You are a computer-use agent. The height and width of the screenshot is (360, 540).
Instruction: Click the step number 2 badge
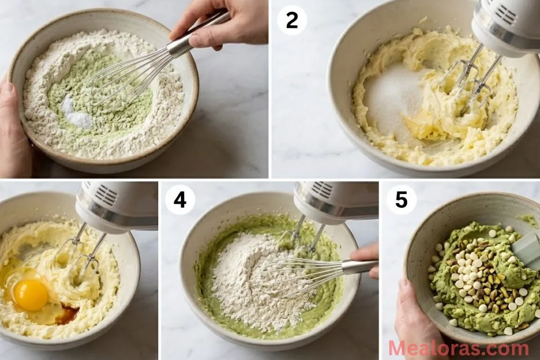tap(292, 21)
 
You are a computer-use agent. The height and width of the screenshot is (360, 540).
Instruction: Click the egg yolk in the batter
tap(31, 294)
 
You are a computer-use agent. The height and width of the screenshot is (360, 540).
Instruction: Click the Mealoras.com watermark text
tap(458, 348)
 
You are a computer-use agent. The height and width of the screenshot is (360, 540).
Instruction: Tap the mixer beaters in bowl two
tap(469, 79)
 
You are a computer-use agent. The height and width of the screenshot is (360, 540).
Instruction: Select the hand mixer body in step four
tap(337, 200)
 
